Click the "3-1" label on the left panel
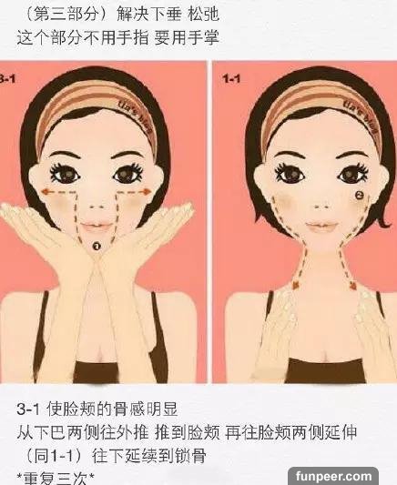pyautogui.click(x=6, y=79)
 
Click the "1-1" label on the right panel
pyautogui.click(x=231, y=79)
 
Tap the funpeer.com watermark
pyautogui.click(x=333, y=476)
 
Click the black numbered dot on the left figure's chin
pyautogui.click(x=97, y=246)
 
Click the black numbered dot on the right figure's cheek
pyautogui.click(x=359, y=195)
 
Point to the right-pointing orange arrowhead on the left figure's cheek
pyautogui.click(x=146, y=192)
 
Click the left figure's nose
pyautogui.click(x=97, y=207)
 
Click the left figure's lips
pyautogui.click(x=97, y=227)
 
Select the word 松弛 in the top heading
pyautogui.click(x=203, y=14)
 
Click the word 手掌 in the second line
pyautogui.click(x=203, y=37)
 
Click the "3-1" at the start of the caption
pyautogui.click(x=28, y=409)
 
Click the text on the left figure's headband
pyautogui.click(x=137, y=115)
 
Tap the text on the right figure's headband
pyautogui.click(x=361, y=116)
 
